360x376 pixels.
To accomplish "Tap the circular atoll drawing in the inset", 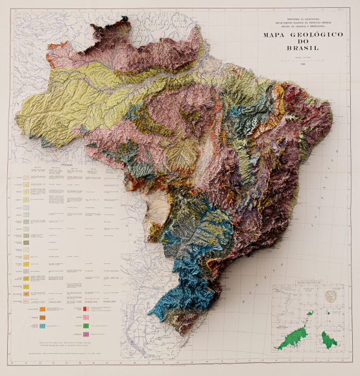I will [x=333, y=296].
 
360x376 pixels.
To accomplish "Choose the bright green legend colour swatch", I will [x=86, y=324].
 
